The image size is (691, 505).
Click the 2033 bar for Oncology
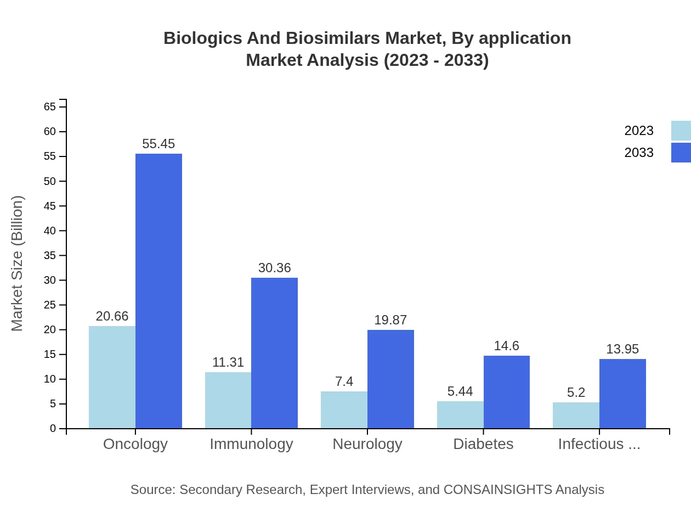click(x=158, y=291)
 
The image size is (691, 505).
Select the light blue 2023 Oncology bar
click(x=112, y=377)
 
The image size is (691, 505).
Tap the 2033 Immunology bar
click(x=274, y=353)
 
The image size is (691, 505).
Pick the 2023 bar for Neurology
click(x=344, y=409)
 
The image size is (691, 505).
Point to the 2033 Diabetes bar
click(x=507, y=392)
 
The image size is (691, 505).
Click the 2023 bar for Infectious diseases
click(x=576, y=415)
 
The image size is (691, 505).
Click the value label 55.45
click(x=158, y=144)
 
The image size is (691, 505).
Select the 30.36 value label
click(x=274, y=268)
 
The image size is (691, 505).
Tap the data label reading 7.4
click(x=344, y=381)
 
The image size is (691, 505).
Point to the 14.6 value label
click(x=506, y=346)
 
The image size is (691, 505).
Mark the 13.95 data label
click(x=622, y=349)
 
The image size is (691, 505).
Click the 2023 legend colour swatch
click(x=681, y=131)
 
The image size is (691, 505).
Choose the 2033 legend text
click(x=639, y=153)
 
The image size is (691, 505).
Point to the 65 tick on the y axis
click(x=50, y=106)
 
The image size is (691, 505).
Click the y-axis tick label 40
click(x=50, y=231)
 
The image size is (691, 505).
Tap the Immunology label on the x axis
click(x=251, y=444)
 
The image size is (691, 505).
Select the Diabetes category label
click(x=483, y=444)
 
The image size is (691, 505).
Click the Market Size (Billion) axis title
click(x=18, y=263)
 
